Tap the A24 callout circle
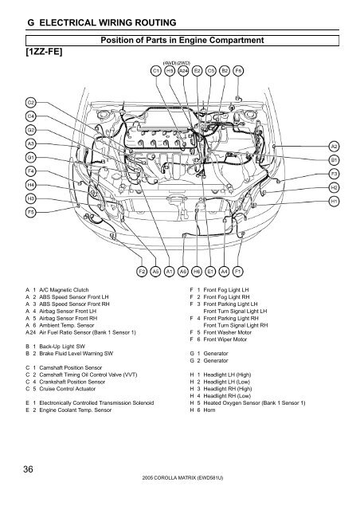(x=183, y=70)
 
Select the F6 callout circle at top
(x=239, y=70)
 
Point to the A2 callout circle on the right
(x=334, y=147)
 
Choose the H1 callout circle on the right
(x=334, y=202)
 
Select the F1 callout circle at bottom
(x=238, y=270)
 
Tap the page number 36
(x=27, y=472)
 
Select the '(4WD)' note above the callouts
(x=170, y=61)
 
